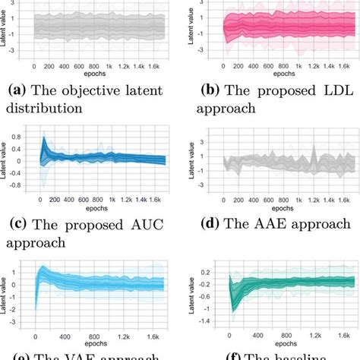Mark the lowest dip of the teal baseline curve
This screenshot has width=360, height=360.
(x=234, y=311)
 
